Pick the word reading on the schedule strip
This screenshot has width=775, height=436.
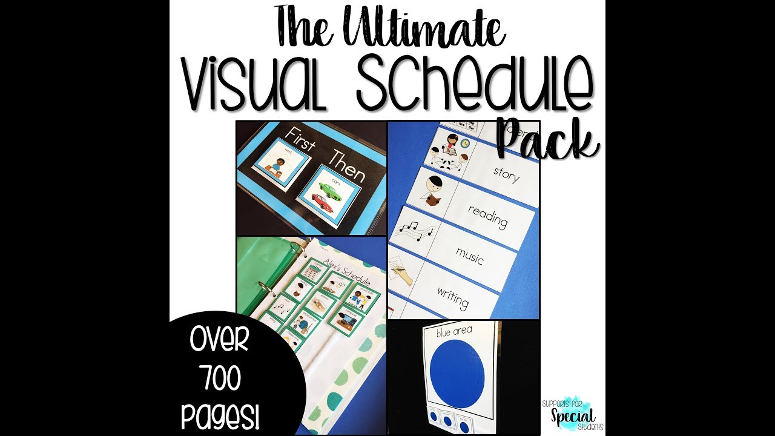pyautogui.click(x=488, y=217)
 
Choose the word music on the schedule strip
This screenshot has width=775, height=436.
pyautogui.click(x=469, y=256)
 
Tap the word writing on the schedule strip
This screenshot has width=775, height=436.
pyautogui.click(x=452, y=297)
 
